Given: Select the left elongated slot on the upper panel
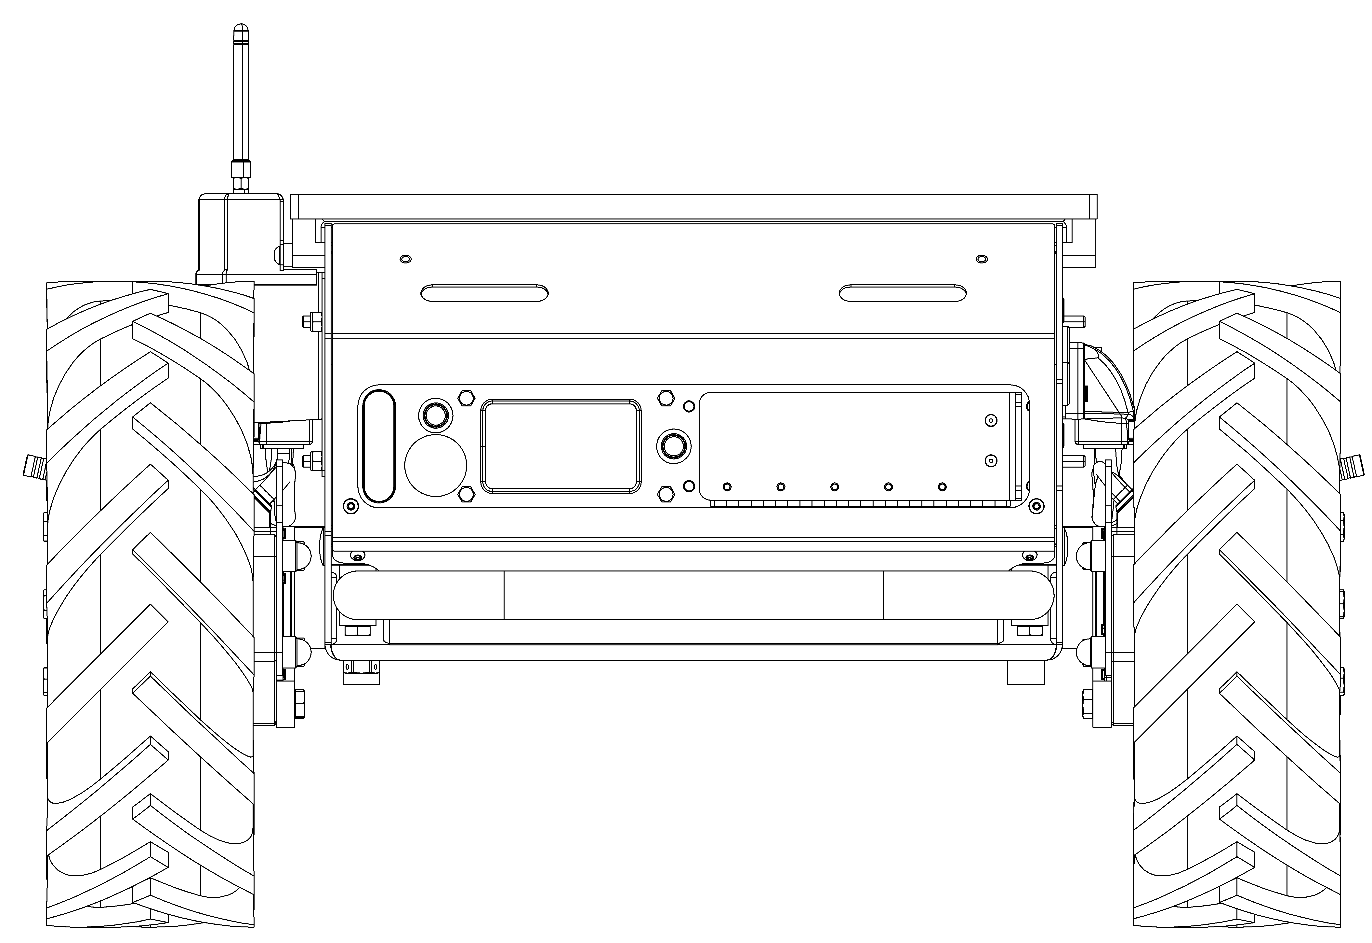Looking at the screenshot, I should (x=484, y=293).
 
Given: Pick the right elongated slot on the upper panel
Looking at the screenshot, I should (x=903, y=293).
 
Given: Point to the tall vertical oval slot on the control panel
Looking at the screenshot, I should (x=378, y=445).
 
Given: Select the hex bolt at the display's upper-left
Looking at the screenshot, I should (x=466, y=398).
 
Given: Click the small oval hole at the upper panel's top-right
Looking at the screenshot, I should (x=981, y=259).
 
